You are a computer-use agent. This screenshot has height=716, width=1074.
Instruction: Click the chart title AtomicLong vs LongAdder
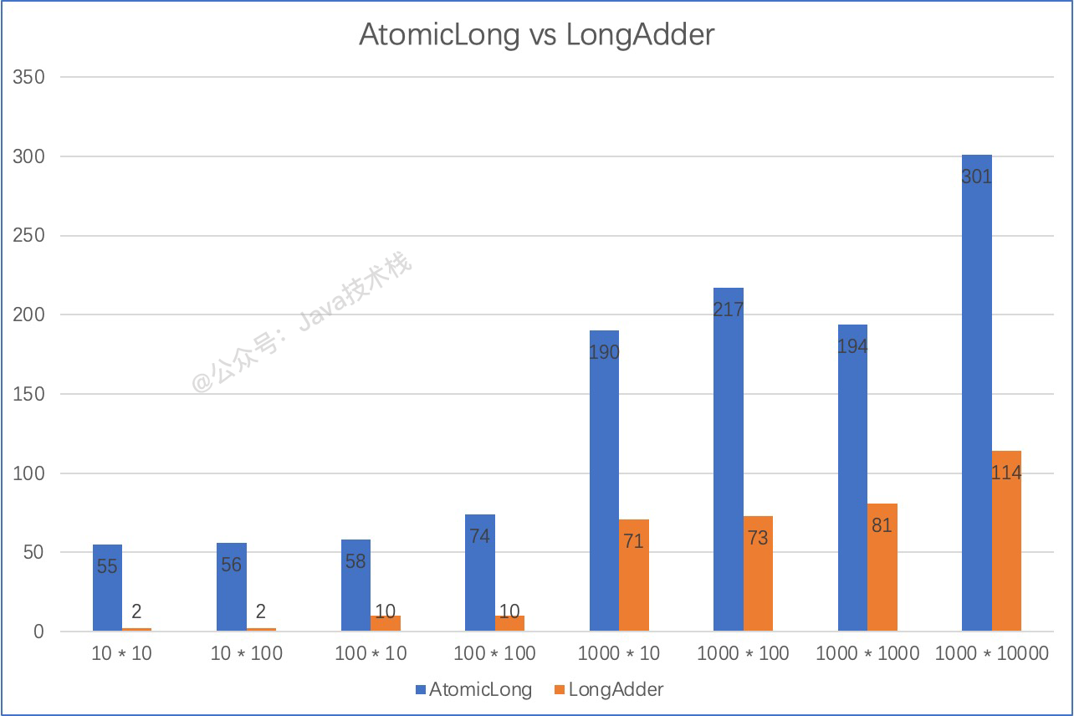[536, 34]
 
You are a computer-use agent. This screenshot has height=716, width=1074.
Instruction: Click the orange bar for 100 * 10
[386, 623]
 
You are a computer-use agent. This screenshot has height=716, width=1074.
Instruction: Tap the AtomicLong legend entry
[473, 690]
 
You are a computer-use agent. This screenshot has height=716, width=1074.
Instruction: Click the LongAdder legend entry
[608, 690]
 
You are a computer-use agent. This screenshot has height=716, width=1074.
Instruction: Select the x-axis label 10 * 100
[247, 653]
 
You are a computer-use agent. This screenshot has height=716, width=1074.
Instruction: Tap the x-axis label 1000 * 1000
[867, 653]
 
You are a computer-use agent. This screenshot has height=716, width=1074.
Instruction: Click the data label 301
[976, 176]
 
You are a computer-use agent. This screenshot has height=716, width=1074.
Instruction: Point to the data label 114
[1006, 473]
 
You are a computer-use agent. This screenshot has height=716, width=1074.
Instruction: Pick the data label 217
[729, 309]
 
